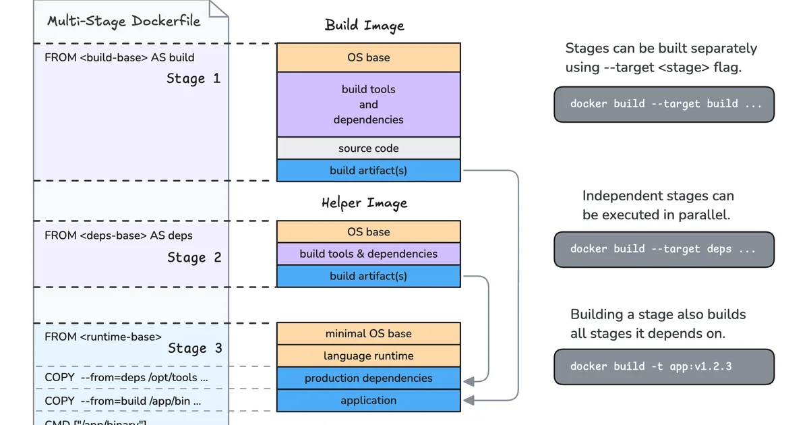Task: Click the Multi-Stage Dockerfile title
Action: pos(123,21)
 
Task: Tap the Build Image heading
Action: pos(364,26)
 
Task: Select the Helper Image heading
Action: pos(364,202)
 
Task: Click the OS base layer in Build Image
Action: pos(368,57)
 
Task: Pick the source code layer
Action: pos(368,148)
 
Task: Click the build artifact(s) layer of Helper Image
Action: pos(368,276)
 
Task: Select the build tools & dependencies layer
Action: pos(368,254)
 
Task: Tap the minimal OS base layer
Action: pos(368,333)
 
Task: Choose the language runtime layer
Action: pos(368,356)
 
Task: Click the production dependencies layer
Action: pos(368,378)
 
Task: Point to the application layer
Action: pos(368,400)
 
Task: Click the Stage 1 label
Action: pos(193,79)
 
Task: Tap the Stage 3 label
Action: pos(195,349)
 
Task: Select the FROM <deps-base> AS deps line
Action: pos(119,235)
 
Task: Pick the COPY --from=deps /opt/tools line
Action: pos(126,378)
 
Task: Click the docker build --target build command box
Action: pos(663,104)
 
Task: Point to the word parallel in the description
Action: pos(705,215)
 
